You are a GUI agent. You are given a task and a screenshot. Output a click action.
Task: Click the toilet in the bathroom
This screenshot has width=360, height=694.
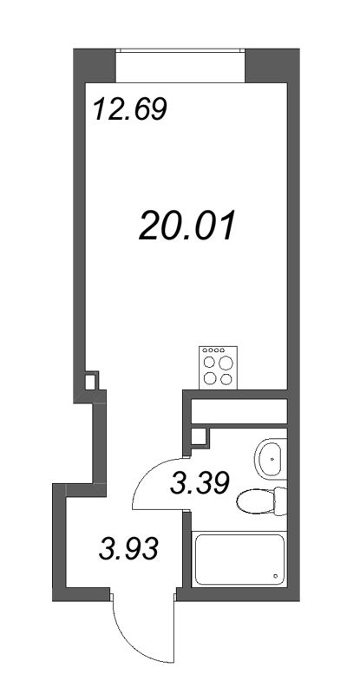tap(259, 501)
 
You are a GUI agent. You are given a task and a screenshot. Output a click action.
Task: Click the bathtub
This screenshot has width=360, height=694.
tap(239, 560)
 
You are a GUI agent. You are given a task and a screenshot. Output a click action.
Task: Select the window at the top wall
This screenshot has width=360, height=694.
tap(180, 65)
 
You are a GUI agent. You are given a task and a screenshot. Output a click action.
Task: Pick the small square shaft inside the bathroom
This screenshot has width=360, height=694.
tap(199, 436)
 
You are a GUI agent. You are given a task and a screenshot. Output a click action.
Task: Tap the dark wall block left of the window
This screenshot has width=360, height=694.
tap(94, 66)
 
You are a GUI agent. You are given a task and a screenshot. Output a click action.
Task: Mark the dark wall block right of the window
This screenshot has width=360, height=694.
tap(267, 66)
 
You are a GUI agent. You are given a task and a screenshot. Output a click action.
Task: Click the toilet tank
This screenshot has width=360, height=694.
tap(279, 501)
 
